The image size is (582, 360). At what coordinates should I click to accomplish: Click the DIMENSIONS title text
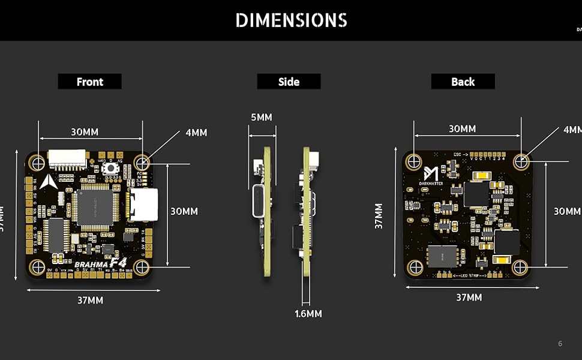tap(291, 20)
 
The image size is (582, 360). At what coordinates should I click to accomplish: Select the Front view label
tap(89, 82)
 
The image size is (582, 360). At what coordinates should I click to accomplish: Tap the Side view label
tap(289, 82)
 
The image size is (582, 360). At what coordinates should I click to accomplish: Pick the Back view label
tap(463, 82)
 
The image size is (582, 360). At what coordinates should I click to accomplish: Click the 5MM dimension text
tap(261, 118)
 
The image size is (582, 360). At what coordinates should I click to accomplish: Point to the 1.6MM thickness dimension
tap(308, 314)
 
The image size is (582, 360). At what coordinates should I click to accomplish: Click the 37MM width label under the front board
tap(90, 300)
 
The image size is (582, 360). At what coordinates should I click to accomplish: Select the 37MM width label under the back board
tap(469, 298)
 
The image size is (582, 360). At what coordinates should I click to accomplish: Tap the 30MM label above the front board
tap(85, 132)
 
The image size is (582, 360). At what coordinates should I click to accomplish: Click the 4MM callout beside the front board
tap(196, 133)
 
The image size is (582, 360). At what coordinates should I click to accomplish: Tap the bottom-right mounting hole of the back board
tap(520, 266)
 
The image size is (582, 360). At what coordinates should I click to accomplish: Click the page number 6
tap(560, 344)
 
